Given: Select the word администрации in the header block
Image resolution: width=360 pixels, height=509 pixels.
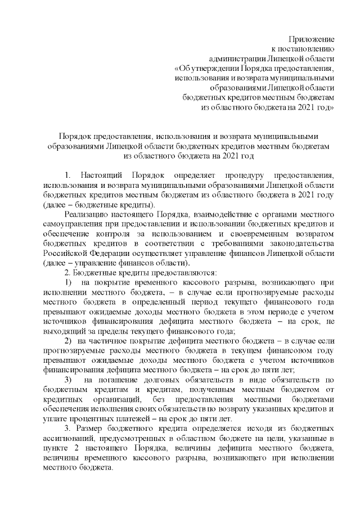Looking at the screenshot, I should tap(235, 58).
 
